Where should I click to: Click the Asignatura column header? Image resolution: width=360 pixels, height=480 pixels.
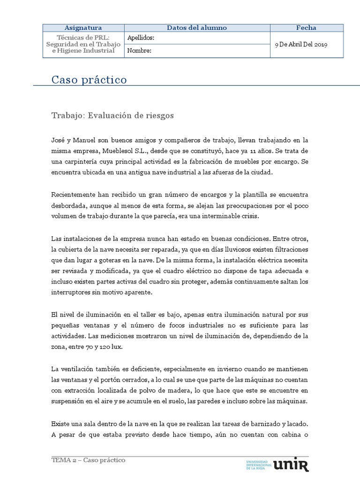83,28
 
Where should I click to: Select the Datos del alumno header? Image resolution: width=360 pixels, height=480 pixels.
196,28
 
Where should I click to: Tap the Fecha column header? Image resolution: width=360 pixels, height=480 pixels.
306,28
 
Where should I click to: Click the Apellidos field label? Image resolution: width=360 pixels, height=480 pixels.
141,38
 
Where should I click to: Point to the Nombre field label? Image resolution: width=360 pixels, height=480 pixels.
139,51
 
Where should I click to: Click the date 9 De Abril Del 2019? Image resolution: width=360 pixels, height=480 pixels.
301,45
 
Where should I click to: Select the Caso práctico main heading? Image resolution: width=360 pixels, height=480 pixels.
89,80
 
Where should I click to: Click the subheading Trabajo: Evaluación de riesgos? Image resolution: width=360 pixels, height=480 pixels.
112,116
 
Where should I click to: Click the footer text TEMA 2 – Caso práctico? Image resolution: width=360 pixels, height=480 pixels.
89,460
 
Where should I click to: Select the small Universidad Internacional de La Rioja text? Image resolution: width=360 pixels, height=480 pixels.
259,465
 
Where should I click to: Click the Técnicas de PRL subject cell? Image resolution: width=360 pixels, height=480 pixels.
83,44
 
